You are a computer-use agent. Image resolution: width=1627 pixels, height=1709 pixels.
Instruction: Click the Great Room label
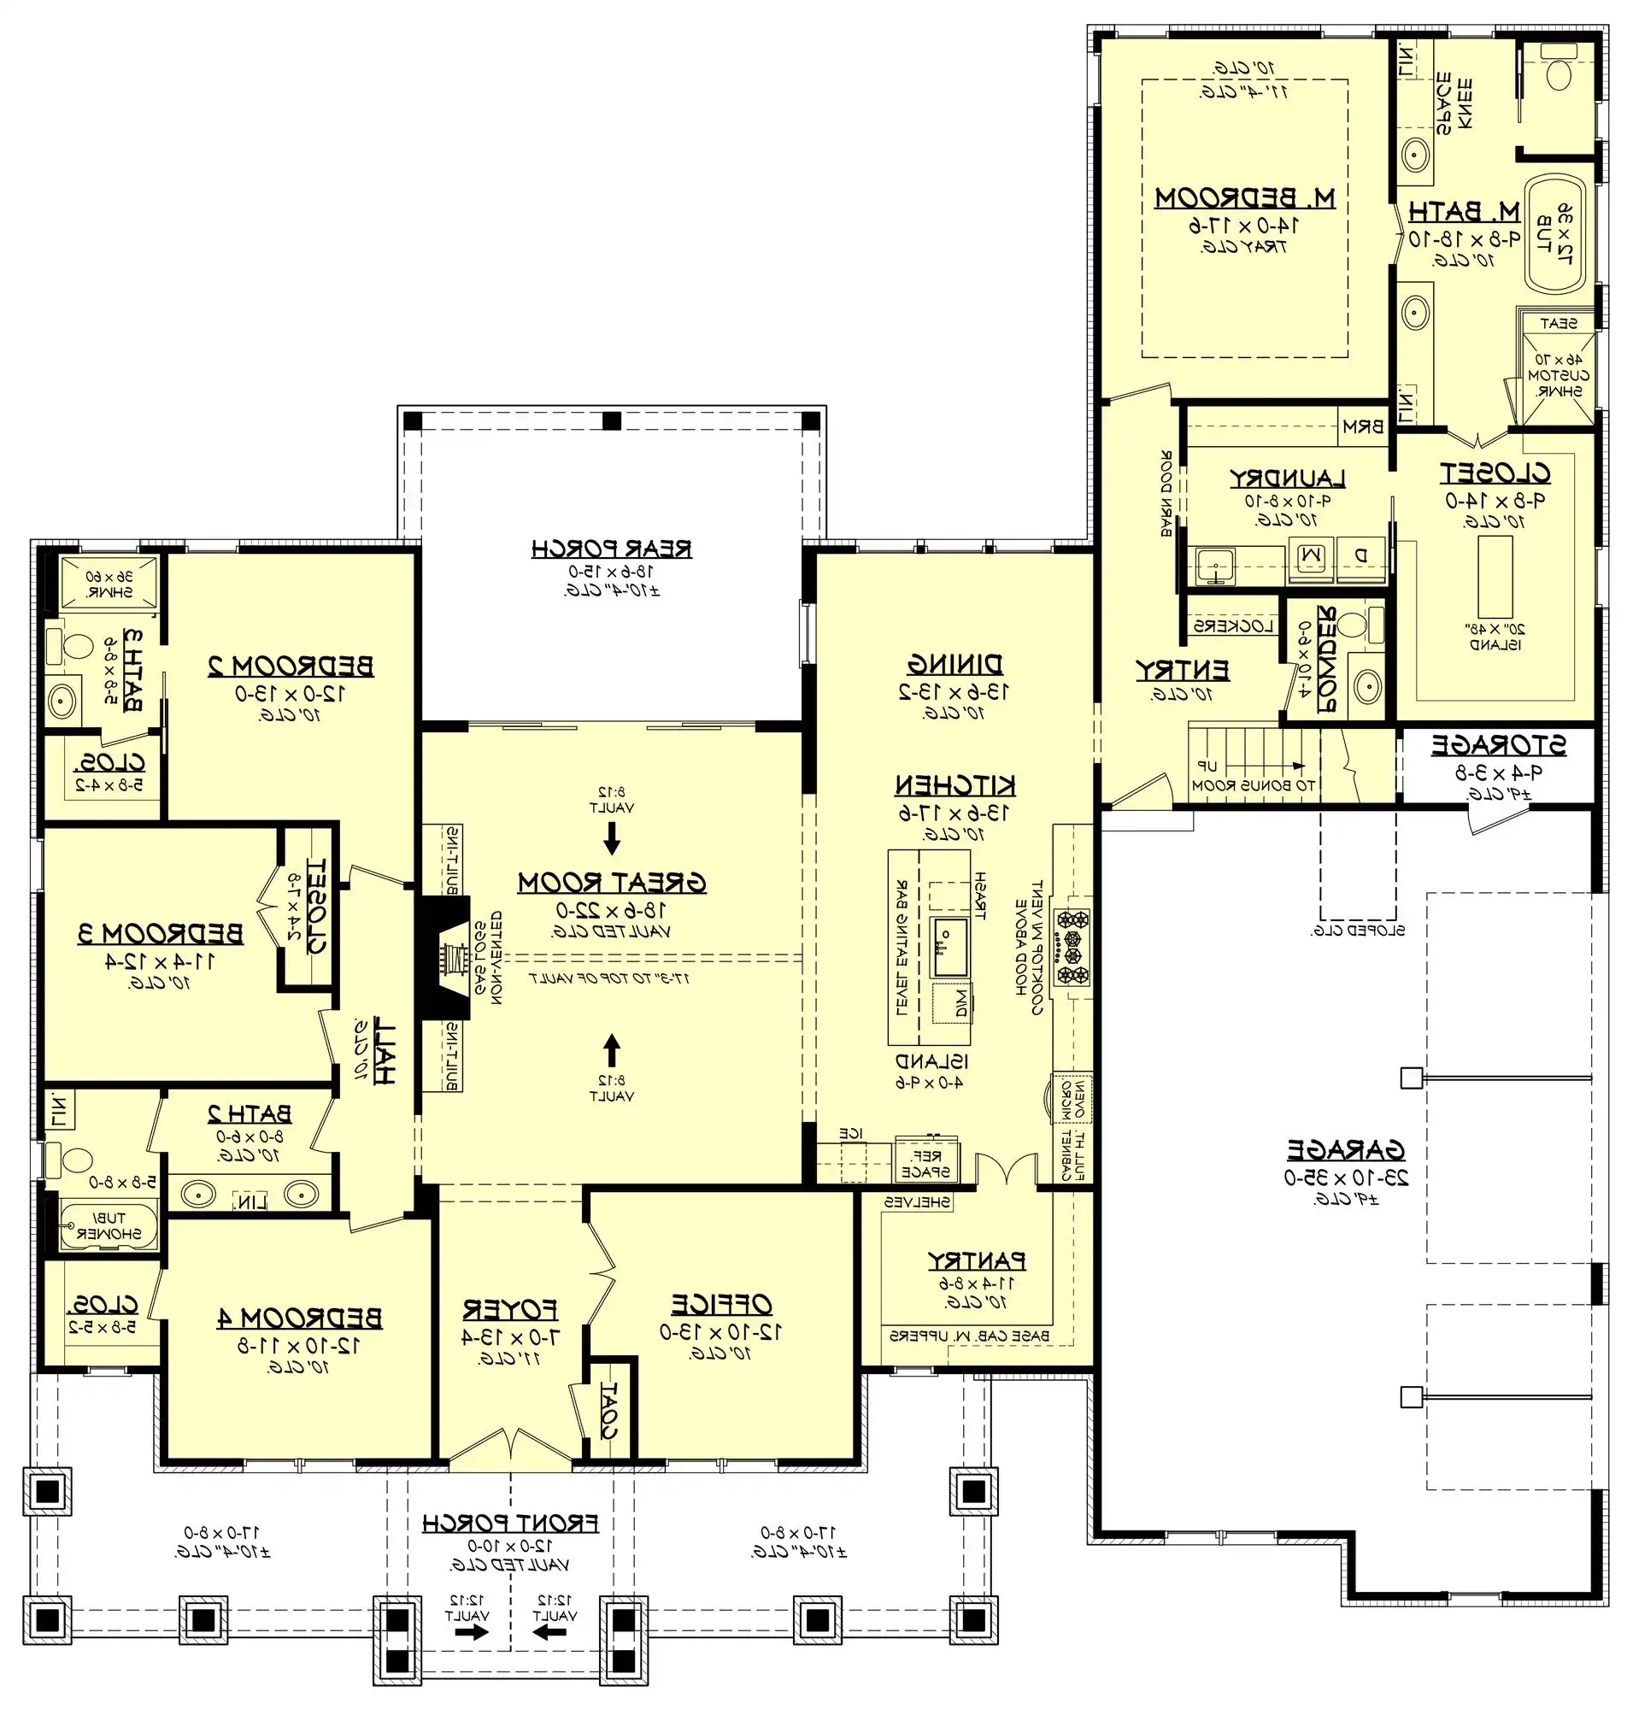tap(612, 884)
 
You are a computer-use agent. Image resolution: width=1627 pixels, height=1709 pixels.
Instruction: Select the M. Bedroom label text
tap(1243, 198)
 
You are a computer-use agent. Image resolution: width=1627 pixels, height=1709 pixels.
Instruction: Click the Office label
tap(720, 1304)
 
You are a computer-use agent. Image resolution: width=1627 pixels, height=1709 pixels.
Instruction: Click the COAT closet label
tap(608, 1410)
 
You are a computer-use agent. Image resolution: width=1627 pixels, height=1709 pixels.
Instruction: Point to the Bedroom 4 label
tap(299, 1318)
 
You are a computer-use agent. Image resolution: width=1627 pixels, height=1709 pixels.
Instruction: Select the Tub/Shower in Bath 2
tap(109, 1225)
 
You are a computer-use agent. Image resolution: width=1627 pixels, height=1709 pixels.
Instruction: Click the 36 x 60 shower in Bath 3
tap(109, 583)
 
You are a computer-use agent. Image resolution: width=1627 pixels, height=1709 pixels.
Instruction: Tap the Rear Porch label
tap(612, 549)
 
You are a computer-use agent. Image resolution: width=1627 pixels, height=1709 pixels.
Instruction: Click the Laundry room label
tap(1286, 479)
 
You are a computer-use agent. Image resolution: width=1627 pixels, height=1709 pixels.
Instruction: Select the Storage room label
tap(1498, 745)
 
